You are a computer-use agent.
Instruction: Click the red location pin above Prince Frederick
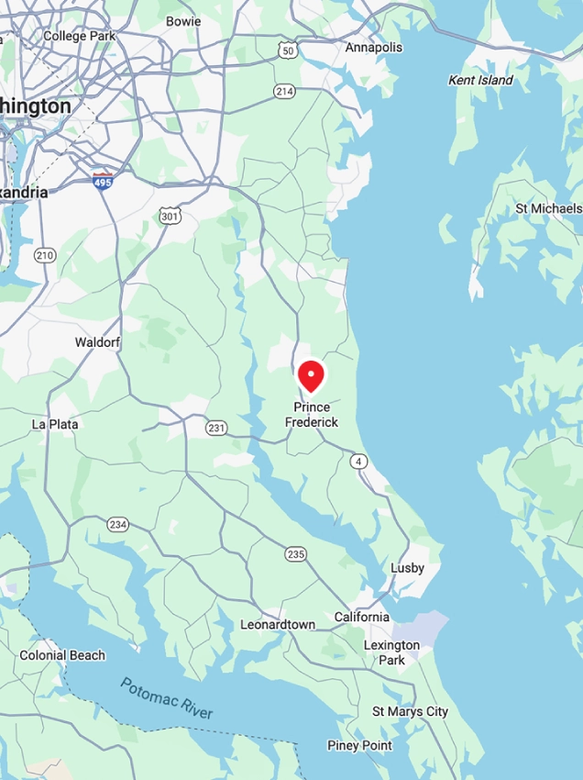tap(312, 375)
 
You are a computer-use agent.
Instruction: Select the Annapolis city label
tap(373, 47)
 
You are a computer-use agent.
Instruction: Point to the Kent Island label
tap(480, 81)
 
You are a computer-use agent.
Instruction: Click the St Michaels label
tap(547, 208)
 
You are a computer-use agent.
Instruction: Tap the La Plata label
tap(55, 424)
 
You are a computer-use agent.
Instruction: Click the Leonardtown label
tap(278, 624)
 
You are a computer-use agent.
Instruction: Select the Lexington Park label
tap(391, 652)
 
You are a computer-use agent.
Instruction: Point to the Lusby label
tap(407, 568)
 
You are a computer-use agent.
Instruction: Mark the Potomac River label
tap(166, 699)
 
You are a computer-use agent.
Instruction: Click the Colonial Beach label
tap(62, 655)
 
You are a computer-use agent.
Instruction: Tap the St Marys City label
tap(410, 711)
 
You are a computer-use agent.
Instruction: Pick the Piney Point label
tap(359, 745)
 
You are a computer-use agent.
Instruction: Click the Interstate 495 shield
tap(103, 182)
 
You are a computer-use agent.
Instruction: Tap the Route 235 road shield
tap(295, 553)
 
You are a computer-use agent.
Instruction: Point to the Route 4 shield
tap(360, 462)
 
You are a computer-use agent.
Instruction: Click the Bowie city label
tap(183, 20)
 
